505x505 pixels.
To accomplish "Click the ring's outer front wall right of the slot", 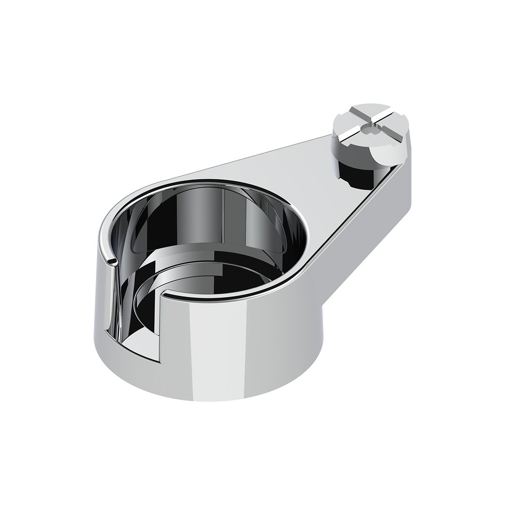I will pos(219,345).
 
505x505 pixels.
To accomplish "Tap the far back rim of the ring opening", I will pos(210,181).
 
